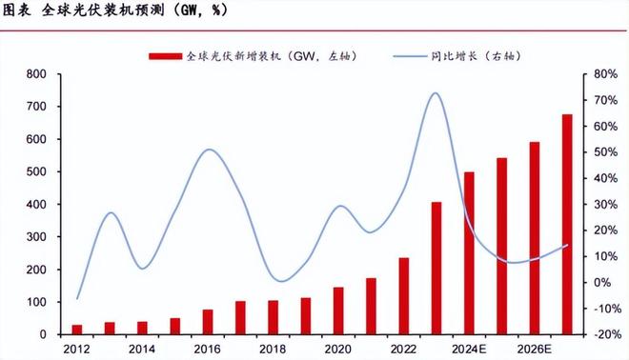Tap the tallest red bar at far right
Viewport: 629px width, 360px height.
[x=567, y=225]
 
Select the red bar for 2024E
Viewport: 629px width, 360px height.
[x=469, y=253]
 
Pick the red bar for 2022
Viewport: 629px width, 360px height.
[x=404, y=296]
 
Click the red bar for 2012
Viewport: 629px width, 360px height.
[x=77, y=330]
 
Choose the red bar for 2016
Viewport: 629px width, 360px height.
[x=208, y=322]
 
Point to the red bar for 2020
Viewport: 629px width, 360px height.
[x=338, y=310]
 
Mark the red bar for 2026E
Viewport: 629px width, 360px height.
[x=535, y=238]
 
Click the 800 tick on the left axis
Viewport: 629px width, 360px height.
[x=37, y=74]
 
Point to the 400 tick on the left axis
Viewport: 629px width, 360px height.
[x=37, y=205]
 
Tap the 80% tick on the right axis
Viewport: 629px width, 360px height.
[x=605, y=74]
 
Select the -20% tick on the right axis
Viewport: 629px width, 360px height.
[x=605, y=334]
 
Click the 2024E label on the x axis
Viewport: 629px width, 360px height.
[x=469, y=350]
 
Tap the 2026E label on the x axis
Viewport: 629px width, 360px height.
[x=534, y=350]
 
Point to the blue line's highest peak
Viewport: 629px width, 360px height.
[x=435, y=93]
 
